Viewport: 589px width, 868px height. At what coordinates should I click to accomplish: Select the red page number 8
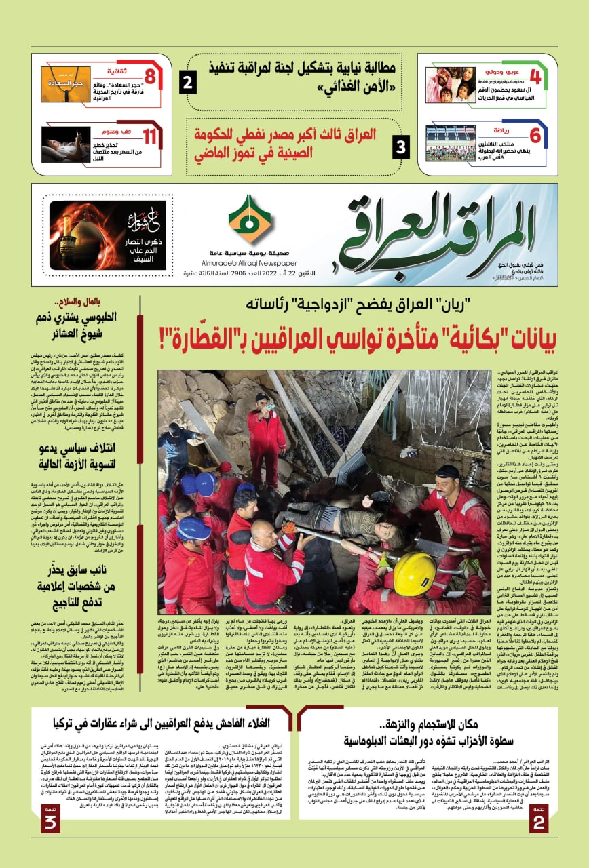(x=151, y=76)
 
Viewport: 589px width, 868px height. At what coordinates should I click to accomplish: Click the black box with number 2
(x=188, y=83)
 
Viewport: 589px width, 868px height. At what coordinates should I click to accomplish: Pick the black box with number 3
(x=401, y=145)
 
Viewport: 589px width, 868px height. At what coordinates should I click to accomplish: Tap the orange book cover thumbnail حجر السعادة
(x=65, y=85)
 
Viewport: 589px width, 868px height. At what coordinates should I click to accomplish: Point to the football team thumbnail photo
(x=451, y=143)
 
